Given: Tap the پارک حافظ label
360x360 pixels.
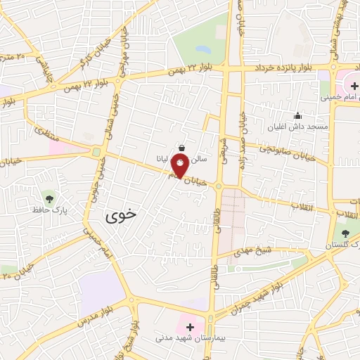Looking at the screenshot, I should pos(47,210).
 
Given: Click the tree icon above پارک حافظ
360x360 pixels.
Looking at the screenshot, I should pos(48,195).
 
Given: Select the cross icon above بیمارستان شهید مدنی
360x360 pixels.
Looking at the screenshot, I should pos(190,326).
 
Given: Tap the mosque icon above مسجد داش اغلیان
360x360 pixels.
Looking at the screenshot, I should pos(297,115).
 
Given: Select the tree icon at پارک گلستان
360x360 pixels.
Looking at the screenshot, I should pos(345,233).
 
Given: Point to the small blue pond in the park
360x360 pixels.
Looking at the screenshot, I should pos(203,50).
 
